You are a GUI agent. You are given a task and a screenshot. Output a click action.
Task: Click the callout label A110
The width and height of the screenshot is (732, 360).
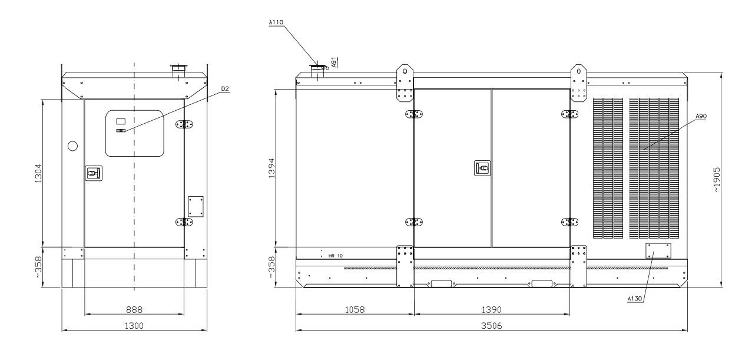(276, 22)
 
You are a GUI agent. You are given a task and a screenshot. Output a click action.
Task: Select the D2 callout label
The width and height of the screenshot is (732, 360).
(225, 88)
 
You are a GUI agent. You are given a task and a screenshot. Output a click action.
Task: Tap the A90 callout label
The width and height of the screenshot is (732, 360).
(701, 116)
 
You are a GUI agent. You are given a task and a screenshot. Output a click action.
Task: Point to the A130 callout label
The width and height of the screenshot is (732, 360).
(635, 299)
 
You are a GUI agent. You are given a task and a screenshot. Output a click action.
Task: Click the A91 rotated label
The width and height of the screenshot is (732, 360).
(334, 62)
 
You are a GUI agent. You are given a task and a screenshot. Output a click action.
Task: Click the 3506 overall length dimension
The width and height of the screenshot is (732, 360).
(492, 326)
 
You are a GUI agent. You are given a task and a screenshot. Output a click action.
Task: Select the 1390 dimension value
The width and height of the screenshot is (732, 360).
(492, 309)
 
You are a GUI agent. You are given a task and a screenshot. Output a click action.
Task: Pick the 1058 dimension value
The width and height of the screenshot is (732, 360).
(355, 309)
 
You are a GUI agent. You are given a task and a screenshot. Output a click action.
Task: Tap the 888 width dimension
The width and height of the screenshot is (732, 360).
(134, 309)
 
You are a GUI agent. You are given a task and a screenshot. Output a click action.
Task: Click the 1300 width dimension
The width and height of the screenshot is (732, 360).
(134, 326)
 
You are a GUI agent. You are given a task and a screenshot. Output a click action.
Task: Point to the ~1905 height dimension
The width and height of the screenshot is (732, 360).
(716, 180)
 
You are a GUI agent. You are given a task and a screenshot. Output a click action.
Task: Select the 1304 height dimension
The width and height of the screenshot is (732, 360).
(38, 173)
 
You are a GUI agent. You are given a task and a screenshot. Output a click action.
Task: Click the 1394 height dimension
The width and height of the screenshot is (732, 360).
(271, 168)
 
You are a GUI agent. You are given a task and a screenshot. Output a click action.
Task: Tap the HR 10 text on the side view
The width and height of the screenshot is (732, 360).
(336, 256)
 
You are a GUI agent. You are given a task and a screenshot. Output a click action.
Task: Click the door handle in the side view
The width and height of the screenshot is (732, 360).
(482, 168)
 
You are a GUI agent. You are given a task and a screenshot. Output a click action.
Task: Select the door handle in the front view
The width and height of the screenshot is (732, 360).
(94, 173)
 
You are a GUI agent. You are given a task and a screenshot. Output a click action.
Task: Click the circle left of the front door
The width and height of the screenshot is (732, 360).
(72, 146)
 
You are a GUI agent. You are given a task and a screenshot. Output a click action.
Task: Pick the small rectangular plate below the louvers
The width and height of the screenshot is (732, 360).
(658, 251)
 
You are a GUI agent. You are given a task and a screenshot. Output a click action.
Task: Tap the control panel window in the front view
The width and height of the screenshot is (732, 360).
(135, 133)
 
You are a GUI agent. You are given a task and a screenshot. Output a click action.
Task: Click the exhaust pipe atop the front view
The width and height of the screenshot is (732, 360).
(178, 72)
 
